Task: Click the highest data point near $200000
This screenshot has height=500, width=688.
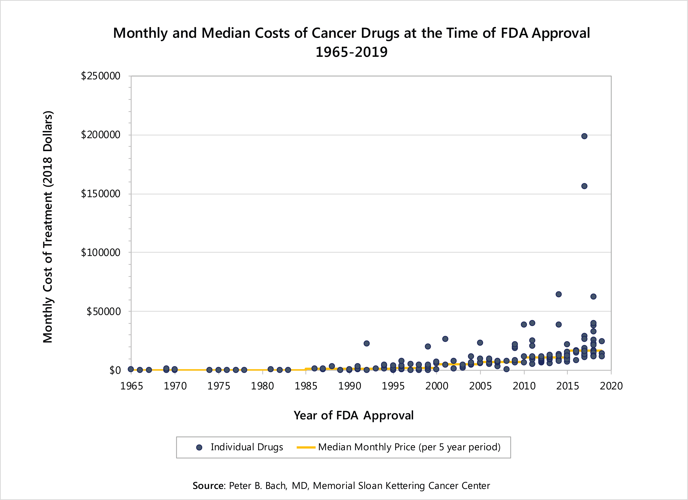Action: click(584, 136)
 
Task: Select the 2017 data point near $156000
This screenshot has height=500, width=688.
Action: click(584, 186)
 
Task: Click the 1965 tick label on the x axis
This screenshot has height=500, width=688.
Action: click(131, 386)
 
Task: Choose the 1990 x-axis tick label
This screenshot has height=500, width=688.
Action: click(349, 386)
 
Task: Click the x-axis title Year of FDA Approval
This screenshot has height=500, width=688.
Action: click(353, 415)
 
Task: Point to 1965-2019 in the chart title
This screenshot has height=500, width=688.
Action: click(352, 52)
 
